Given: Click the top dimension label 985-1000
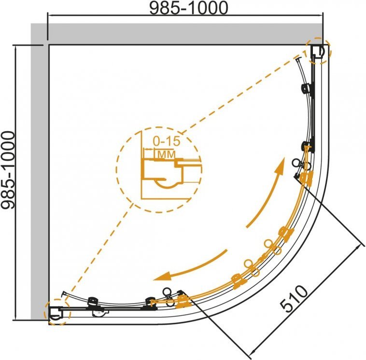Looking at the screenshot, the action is coord(188,8).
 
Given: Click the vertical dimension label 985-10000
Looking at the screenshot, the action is coord(8,170).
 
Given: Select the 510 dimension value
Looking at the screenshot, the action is coord(294,299).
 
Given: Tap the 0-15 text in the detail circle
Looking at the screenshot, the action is coord(167,141).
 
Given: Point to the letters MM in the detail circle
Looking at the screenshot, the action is coord(167,154).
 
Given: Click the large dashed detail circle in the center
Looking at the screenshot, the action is coord(159,169).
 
